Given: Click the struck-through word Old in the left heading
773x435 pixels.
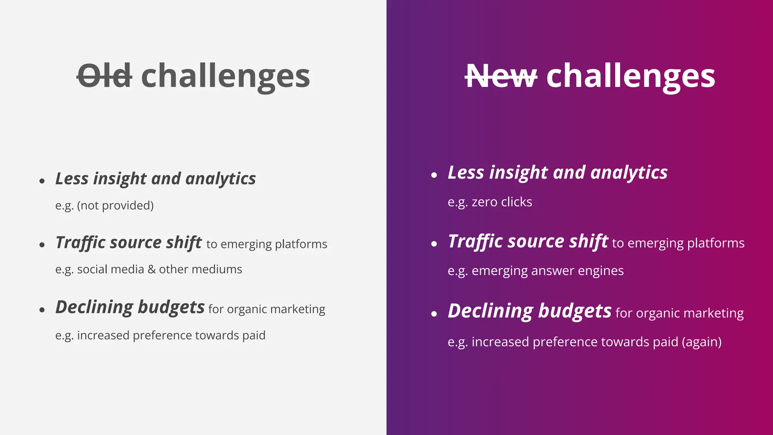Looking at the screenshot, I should click(105, 76).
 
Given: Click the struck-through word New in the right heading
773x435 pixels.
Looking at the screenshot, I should click(501, 76).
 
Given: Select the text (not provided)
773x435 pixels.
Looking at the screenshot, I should click(115, 206).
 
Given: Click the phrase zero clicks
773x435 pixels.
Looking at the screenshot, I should click(502, 202).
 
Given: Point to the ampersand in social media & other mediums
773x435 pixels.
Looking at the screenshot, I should click(151, 270).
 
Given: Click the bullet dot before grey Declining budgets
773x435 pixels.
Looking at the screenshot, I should click(42, 310).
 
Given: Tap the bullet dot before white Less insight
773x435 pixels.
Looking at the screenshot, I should click(434, 175).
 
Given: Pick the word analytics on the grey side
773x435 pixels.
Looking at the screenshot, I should click(220, 179).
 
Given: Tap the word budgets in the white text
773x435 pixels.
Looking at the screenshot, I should click(574, 312).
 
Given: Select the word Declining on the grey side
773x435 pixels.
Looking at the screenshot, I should click(94, 307).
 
